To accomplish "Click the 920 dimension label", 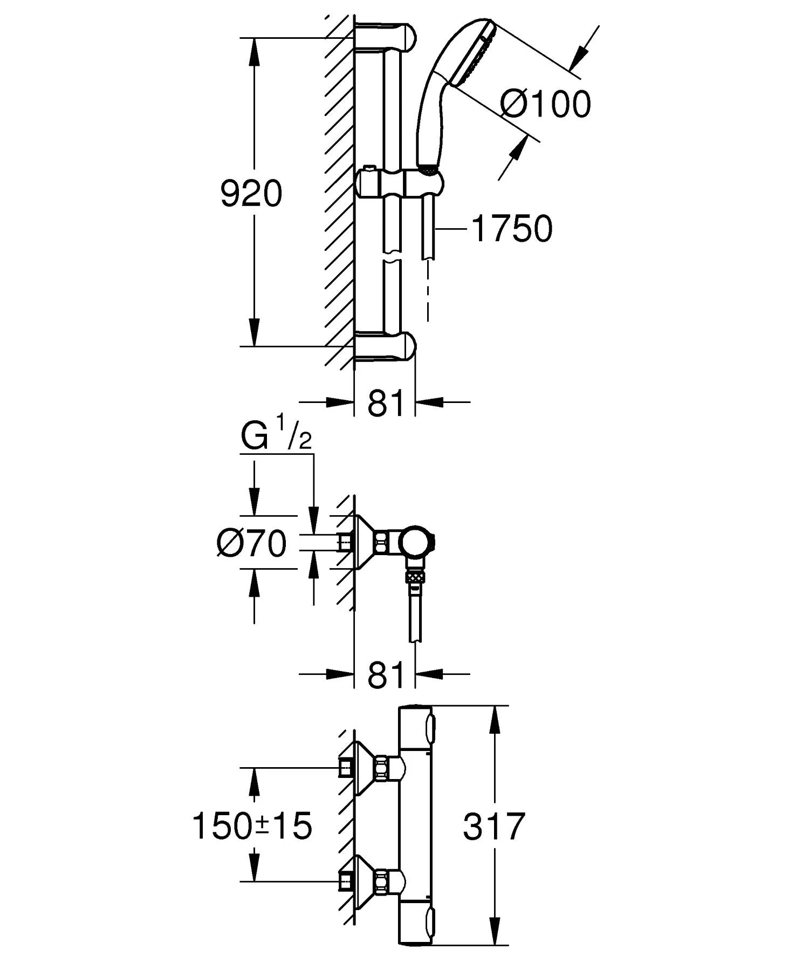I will pos(251,194).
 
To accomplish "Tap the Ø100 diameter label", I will pos(545,104).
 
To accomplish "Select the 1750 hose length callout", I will pos(512,229).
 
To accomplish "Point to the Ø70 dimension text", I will pos(251,543).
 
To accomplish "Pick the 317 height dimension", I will pos(493,826).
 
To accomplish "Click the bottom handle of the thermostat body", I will pos(415,927).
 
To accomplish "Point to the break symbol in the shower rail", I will pos(392,257).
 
